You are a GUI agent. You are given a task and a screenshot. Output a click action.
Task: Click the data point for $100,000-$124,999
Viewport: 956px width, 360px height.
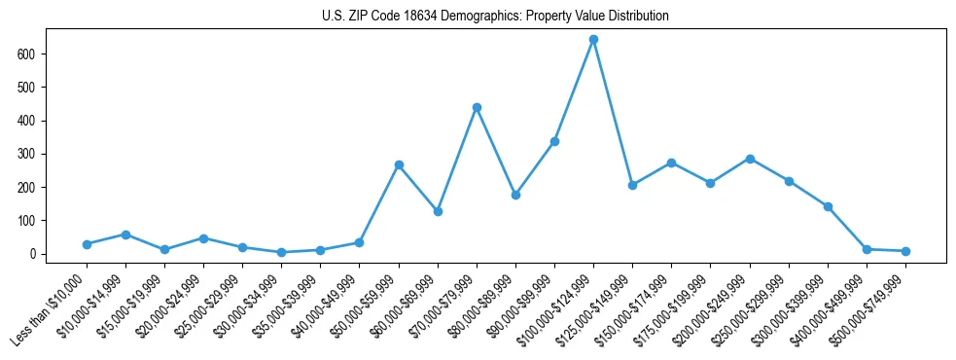click(x=593, y=40)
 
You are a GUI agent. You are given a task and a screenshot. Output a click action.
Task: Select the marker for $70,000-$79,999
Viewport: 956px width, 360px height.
click(x=477, y=107)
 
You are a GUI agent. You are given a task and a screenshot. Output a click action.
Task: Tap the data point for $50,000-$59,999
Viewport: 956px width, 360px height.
click(x=399, y=165)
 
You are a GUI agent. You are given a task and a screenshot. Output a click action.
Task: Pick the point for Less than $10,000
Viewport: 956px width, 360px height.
click(x=87, y=244)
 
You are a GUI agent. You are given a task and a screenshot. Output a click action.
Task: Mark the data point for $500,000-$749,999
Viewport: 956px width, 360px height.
click(x=905, y=251)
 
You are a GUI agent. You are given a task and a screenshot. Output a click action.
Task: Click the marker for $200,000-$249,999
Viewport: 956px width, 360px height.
click(x=750, y=159)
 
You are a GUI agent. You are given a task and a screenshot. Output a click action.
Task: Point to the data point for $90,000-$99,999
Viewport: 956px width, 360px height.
click(x=554, y=141)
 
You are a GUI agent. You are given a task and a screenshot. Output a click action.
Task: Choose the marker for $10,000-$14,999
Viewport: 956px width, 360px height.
click(x=125, y=234)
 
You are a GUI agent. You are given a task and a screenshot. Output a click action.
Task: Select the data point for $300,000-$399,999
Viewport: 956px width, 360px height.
click(x=828, y=206)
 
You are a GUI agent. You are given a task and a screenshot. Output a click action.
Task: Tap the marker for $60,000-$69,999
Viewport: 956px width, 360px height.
click(x=438, y=211)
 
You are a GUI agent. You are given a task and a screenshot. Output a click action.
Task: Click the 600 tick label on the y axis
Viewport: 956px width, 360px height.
click(x=27, y=54)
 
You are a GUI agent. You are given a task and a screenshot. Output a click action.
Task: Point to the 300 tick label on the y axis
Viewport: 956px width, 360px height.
click(x=27, y=154)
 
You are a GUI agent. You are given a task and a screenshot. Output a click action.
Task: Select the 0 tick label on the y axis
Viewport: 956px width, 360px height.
click(x=33, y=254)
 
